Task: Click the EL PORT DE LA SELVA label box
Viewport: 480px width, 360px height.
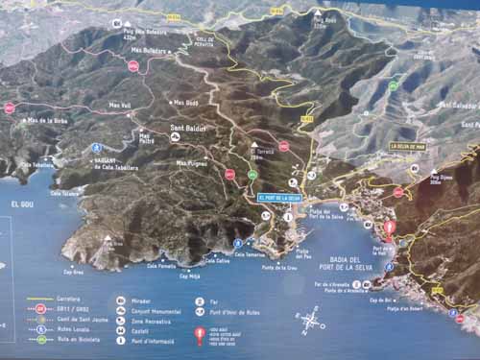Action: point(279,198)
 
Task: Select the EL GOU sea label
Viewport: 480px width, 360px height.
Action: point(22,204)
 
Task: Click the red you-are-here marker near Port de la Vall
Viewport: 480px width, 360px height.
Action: point(390,229)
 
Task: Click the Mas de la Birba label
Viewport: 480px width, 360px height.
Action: point(47,121)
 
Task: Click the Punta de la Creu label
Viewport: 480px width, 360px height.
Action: point(279,267)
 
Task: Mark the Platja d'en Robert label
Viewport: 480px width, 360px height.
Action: point(406,309)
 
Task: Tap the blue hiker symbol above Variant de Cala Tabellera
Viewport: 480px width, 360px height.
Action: point(97,147)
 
